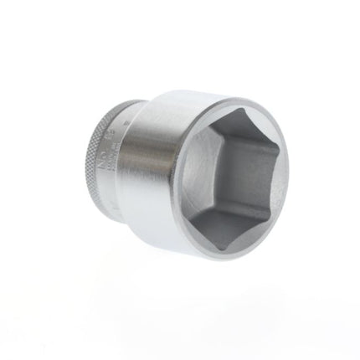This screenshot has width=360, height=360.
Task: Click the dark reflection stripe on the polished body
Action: point(159,180)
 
